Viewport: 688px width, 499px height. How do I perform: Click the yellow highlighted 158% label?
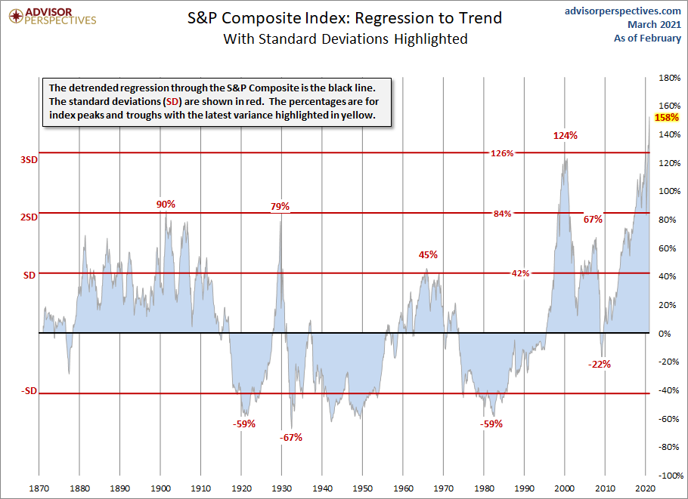point(667,118)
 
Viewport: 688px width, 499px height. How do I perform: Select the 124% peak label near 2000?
point(565,136)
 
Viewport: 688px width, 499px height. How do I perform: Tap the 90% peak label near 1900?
point(166,204)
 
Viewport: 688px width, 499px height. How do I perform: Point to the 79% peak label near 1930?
point(280,206)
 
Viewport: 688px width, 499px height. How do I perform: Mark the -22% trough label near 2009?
point(599,364)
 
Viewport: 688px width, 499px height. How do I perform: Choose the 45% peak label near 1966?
point(428,254)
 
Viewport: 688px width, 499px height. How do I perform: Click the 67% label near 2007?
point(593,219)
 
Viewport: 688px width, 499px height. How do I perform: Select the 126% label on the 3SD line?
point(502,153)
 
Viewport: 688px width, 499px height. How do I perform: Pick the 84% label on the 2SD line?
point(502,214)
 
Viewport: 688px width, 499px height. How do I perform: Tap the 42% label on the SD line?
point(520,273)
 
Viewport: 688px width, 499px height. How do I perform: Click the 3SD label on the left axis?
point(29,160)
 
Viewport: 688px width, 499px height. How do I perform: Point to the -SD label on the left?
point(29,391)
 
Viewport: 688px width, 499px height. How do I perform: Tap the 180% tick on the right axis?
point(669,78)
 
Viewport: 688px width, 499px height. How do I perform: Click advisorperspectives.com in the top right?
point(622,11)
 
